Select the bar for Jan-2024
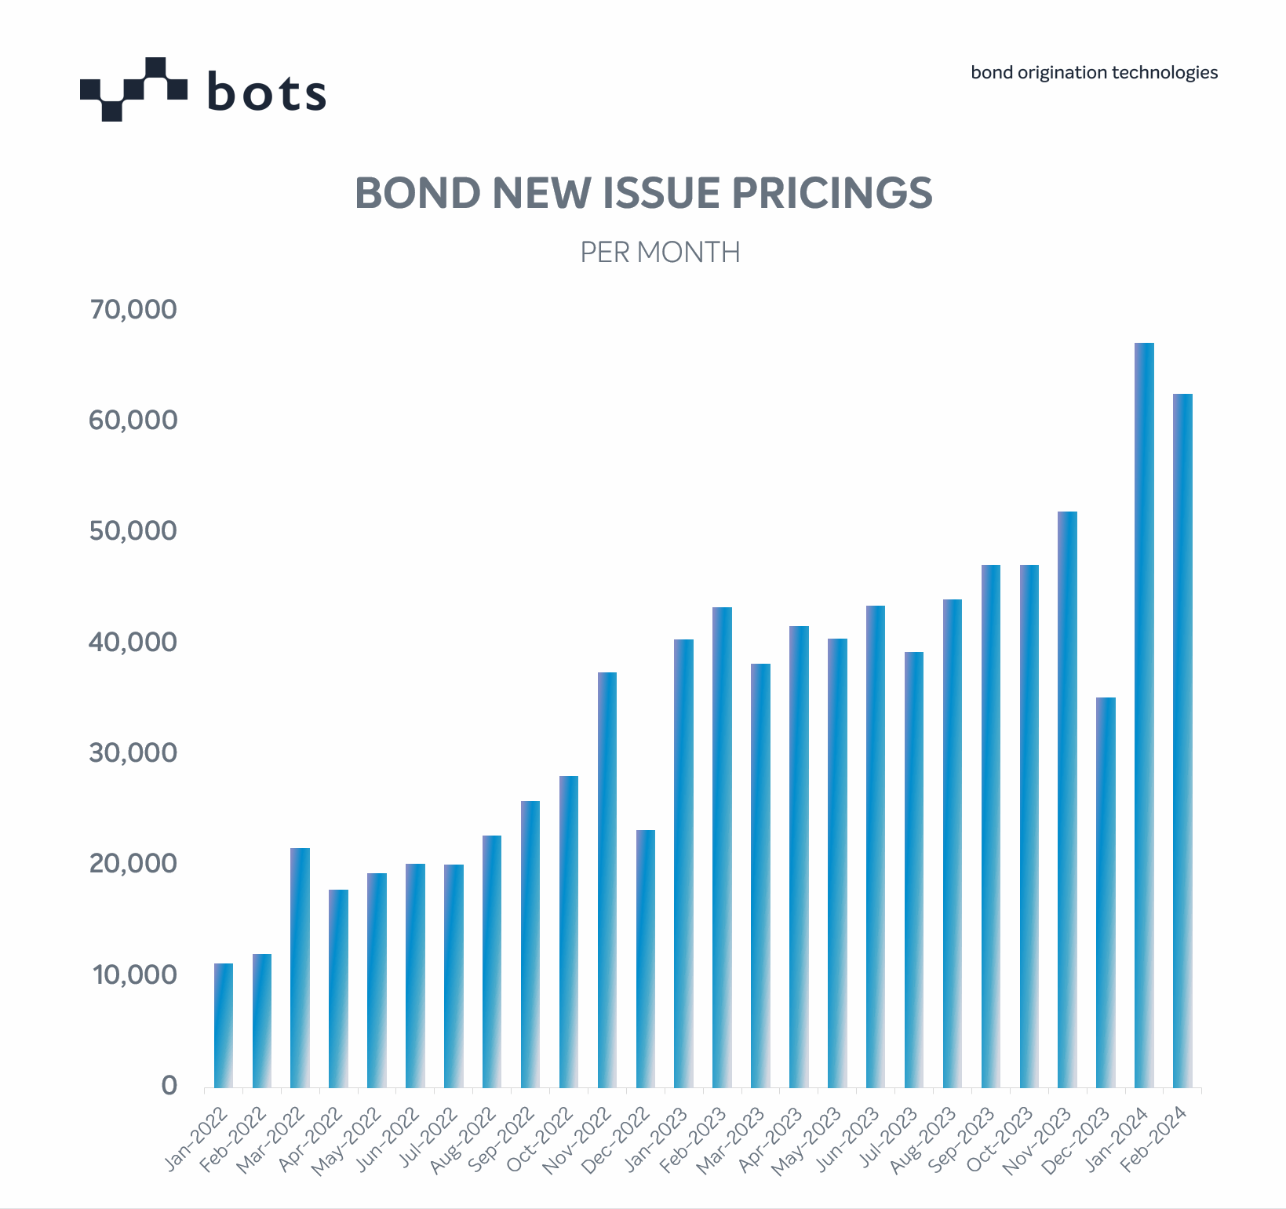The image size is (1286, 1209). click(1144, 714)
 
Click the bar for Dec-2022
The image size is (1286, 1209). click(645, 958)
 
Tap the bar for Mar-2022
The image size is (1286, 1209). click(300, 967)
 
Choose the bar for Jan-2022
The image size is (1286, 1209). click(223, 1025)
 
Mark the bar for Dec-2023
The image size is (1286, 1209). click(1106, 892)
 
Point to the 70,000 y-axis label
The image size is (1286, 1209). click(133, 310)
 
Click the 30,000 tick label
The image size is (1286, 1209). click(133, 753)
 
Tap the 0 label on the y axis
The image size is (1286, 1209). click(169, 1086)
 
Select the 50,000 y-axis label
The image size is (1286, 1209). click(133, 531)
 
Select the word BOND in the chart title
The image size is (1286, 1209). click(417, 193)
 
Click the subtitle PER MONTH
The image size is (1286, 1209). click(660, 253)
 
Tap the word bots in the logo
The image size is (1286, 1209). click(267, 93)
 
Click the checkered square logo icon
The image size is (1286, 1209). click(133, 89)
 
